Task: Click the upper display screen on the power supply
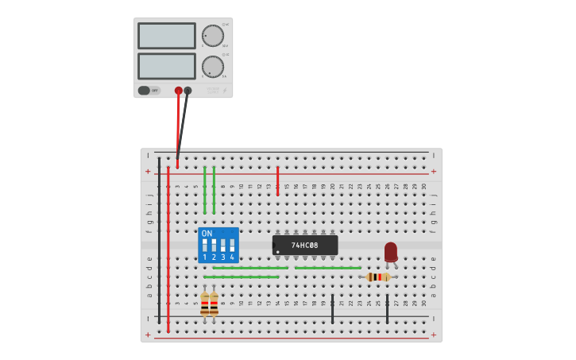tap(166, 36)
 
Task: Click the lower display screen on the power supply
tap(166, 66)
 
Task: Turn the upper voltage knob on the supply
tap(212, 36)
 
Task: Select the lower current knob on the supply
tap(212, 66)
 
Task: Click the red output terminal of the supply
tap(178, 91)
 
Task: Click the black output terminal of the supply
tap(187, 91)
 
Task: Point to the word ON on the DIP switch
tap(207, 234)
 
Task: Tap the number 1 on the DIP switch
tap(204, 257)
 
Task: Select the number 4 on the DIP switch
tap(232, 257)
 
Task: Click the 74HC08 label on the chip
tap(304, 246)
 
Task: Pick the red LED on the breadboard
tap(390, 252)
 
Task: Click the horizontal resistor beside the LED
tap(378, 277)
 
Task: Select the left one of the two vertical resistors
tap(204, 304)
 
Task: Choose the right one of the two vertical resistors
tap(214, 304)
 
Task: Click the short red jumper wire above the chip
tap(277, 181)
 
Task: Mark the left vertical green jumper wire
tap(204, 191)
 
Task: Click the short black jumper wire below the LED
tap(387, 308)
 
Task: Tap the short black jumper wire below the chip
tap(332, 308)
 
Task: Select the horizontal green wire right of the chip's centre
tap(327, 268)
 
